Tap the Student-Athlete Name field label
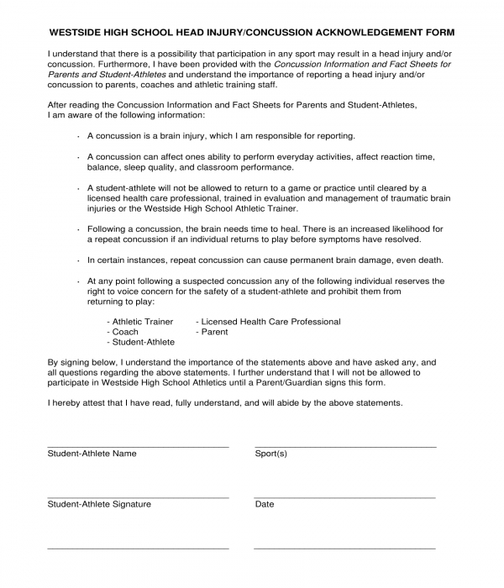(x=92, y=454)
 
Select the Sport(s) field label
(x=270, y=454)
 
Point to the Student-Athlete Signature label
(x=99, y=504)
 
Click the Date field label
(x=264, y=504)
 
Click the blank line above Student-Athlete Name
(x=138, y=447)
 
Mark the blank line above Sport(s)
(x=344, y=447)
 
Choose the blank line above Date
(x=344, y=497)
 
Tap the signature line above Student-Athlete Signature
(x=138, y=497)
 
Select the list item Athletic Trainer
(x=142, y=322)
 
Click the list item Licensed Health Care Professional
(x=270, y=322)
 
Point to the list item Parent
(x=214, y=332)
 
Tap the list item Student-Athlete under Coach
(x=143, y=342)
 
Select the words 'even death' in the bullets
(x=422, y=260)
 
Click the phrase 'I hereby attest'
(x=76, y=402)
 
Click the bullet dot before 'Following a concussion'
(x=77, y=229)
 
